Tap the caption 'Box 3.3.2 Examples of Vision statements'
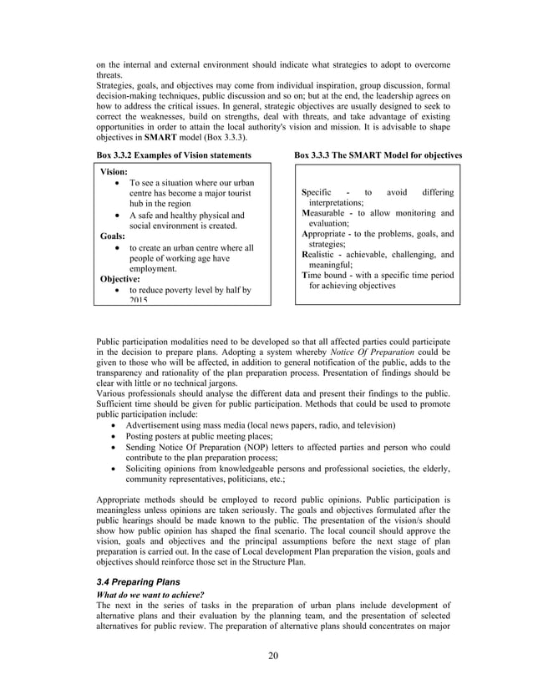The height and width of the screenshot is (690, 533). click(174, 155)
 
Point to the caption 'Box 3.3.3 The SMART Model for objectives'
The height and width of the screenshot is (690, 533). click(378, 155)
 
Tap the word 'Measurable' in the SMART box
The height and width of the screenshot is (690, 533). click(327, 213)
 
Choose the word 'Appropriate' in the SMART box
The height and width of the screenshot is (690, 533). click(327, 234)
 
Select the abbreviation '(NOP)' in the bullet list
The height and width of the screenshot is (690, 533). click(251, 447)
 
